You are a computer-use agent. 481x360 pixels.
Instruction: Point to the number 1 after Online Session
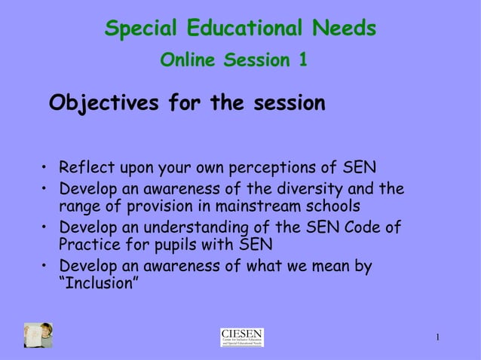click(x=302, y=60)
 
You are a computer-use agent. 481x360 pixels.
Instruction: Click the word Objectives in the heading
click(x=103, y=102)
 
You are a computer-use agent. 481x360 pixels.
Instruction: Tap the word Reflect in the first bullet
click(x=84, y=166)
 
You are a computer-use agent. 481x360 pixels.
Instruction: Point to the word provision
click(x=170, y=206)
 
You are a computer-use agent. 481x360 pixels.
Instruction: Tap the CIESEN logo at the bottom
click(x=241, y=337)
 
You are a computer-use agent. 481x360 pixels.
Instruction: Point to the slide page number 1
click(x=437, y=336)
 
